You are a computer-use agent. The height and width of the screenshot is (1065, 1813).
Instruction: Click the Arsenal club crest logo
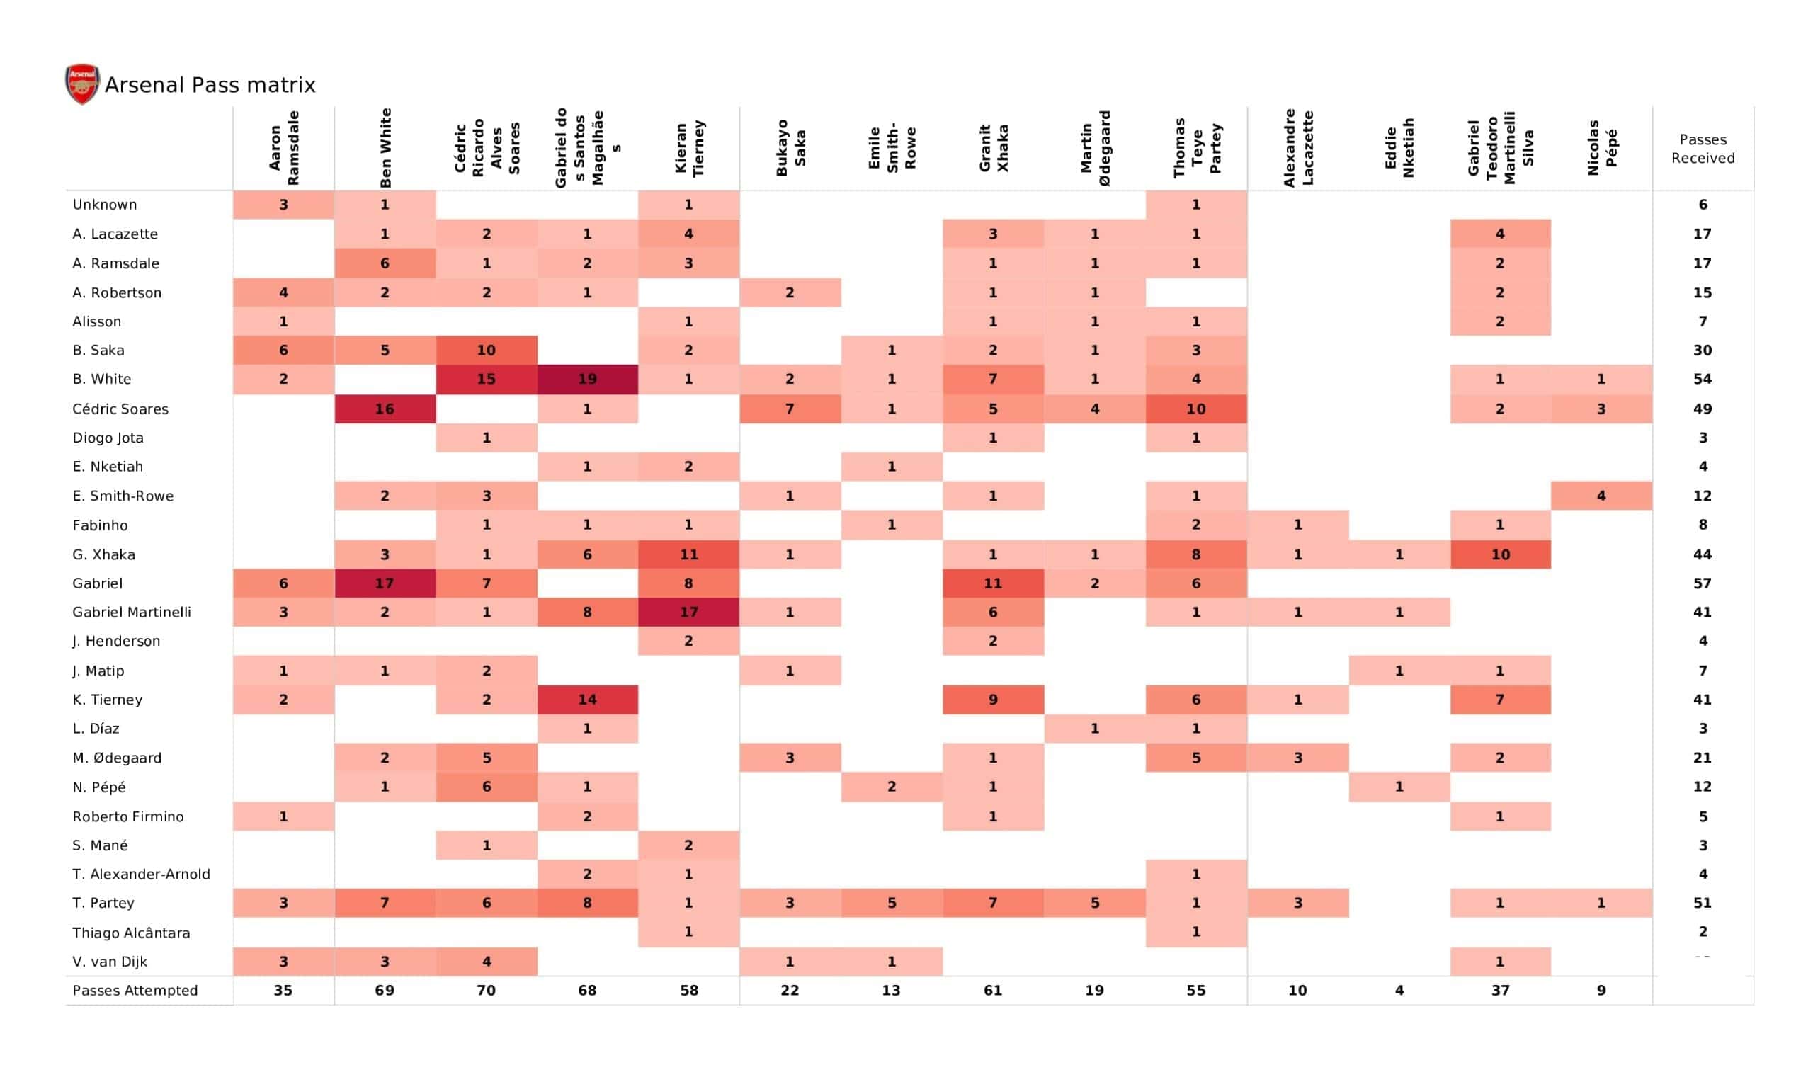(x=82, y=84)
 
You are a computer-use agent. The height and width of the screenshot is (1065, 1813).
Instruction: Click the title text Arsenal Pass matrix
(x=210, y=85)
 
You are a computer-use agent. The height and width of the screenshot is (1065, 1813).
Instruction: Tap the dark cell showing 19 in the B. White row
(x=587, y=380)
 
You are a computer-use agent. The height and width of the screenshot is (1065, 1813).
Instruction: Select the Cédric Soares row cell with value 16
(x=384, y=409)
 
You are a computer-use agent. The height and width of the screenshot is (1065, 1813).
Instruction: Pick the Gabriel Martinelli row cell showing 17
(x=688, y=613)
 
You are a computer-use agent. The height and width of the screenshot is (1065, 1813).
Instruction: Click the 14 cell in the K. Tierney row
(x=587, y=700)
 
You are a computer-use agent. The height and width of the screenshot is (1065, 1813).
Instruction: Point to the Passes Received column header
(x=1703, y=149)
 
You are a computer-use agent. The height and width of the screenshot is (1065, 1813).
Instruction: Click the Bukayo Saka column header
(x=790, y=148)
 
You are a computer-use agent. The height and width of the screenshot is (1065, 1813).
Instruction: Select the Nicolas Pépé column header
(x=1601, y=148)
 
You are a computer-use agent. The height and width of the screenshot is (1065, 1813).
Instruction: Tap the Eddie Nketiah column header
(x=1399, y=148)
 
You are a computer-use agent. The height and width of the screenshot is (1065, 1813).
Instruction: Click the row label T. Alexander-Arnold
(x=141, y=875)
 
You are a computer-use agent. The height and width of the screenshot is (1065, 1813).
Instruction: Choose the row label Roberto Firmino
(x=128, y=816)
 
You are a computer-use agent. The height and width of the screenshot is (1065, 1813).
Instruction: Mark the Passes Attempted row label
(x=135, y=991)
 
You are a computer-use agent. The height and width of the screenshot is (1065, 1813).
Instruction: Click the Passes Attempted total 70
(x=486, y=991)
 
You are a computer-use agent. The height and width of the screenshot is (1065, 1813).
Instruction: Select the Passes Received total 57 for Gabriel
(x=1703, y=583)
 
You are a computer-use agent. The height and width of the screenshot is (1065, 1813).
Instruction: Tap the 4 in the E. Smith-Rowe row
(x=1601, y=496)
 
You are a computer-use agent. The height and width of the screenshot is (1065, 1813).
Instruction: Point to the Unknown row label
(x=104, y=205)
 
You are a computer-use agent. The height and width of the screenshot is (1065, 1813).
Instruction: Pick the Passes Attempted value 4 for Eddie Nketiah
(x=1399, y=991)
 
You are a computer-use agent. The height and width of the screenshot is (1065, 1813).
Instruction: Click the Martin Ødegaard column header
(x=1094, y=148)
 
